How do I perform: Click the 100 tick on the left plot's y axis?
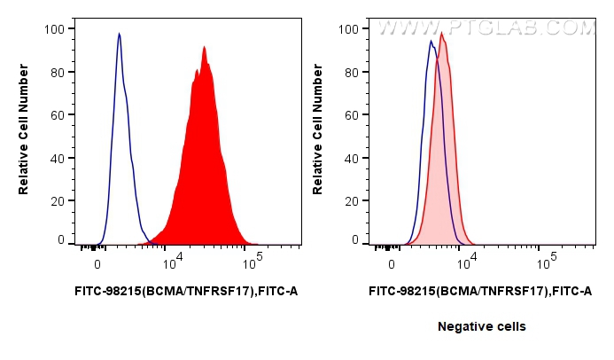(x=54, y=29)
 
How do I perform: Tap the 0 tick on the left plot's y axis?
(x=60, y=240)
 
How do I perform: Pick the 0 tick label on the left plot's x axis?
(x=97, y=263)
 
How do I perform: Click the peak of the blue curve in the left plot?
(x=119, y=34)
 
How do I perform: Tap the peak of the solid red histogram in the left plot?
(x=204, y=46)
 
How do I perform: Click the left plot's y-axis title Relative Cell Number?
(x=24, y=135)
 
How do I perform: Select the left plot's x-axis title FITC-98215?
(x=183, y=290)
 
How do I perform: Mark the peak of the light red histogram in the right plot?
(x=441, y=34)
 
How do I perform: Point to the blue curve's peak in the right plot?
(x=431, y=40)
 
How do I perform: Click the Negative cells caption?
(x=481, y=327)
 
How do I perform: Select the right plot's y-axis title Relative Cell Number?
(x=318, y=135)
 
